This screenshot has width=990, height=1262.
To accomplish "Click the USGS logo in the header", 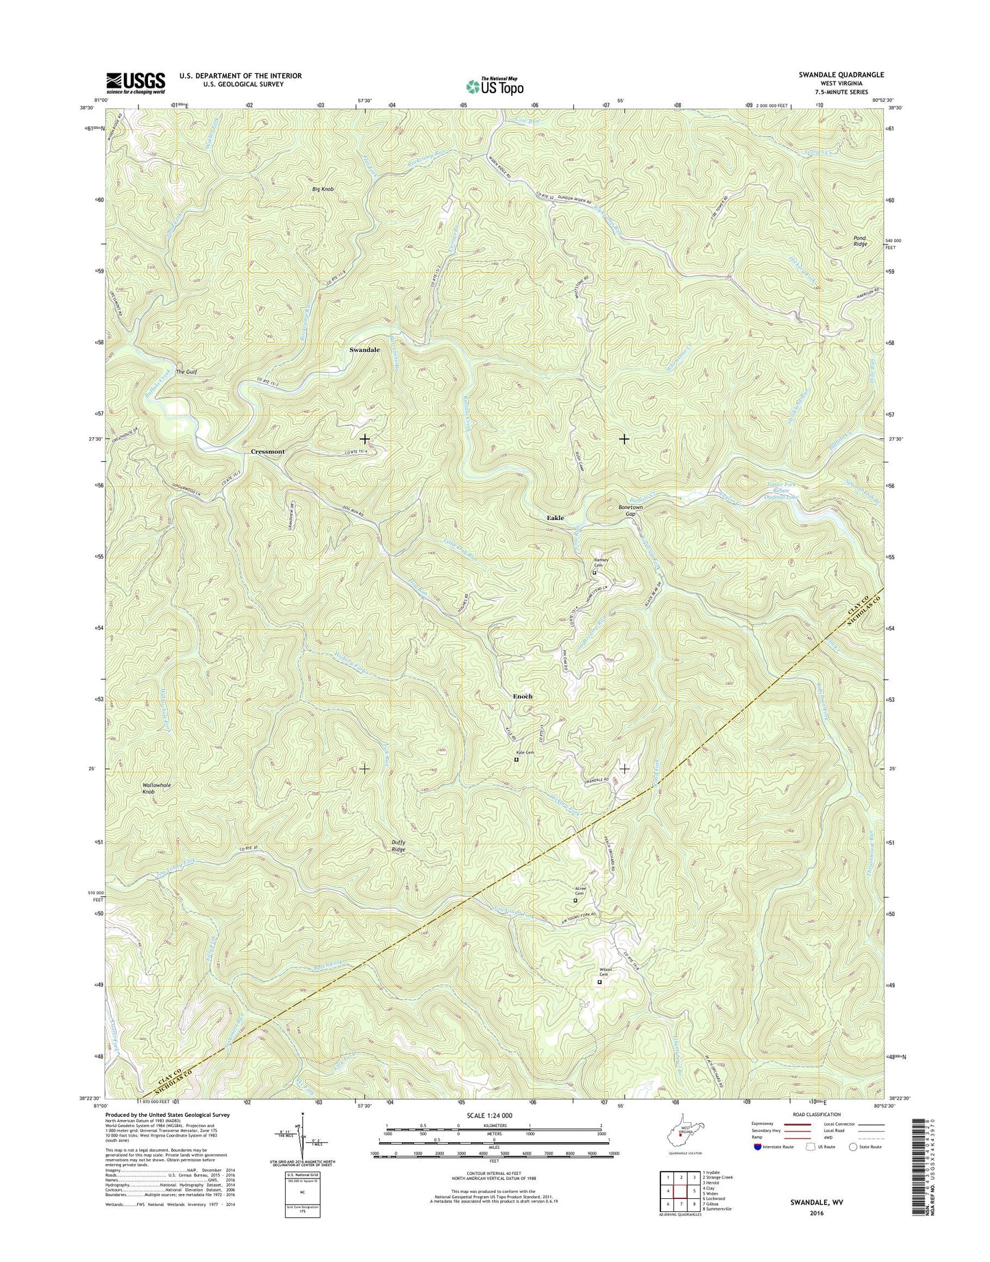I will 135,83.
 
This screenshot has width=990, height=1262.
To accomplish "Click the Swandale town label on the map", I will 364,349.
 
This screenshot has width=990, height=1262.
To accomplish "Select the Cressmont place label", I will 268,451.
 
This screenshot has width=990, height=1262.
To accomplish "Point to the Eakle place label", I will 555,518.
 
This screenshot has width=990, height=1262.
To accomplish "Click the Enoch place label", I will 522,696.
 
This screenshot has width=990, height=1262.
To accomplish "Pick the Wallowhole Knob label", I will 156,788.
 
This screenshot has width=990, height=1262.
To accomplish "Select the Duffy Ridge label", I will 398,846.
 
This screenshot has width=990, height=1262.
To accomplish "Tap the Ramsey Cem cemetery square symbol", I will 594,573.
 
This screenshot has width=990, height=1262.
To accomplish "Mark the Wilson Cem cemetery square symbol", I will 599,982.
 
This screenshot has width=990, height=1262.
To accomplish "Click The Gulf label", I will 186,372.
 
